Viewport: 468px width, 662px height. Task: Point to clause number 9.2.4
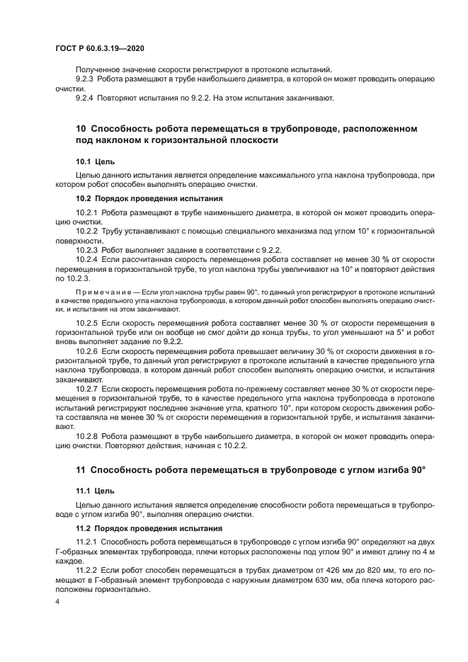click(86, 98)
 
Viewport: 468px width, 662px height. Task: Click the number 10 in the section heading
click(80, 128)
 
